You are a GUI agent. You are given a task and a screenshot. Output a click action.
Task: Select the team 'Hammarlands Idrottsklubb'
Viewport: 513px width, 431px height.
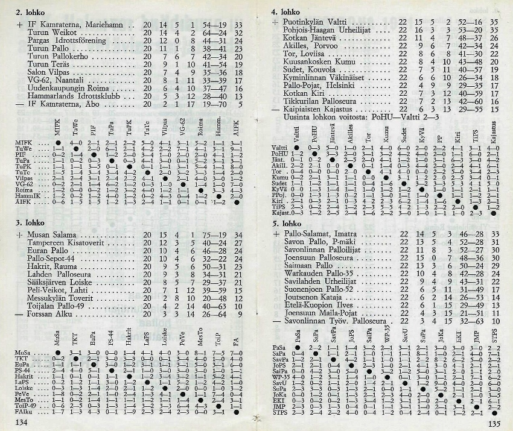pyautogui.click(x=78, y=96)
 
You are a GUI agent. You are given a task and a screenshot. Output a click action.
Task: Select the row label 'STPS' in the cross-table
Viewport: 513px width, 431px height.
pyautogui.click(x=281, y=412)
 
